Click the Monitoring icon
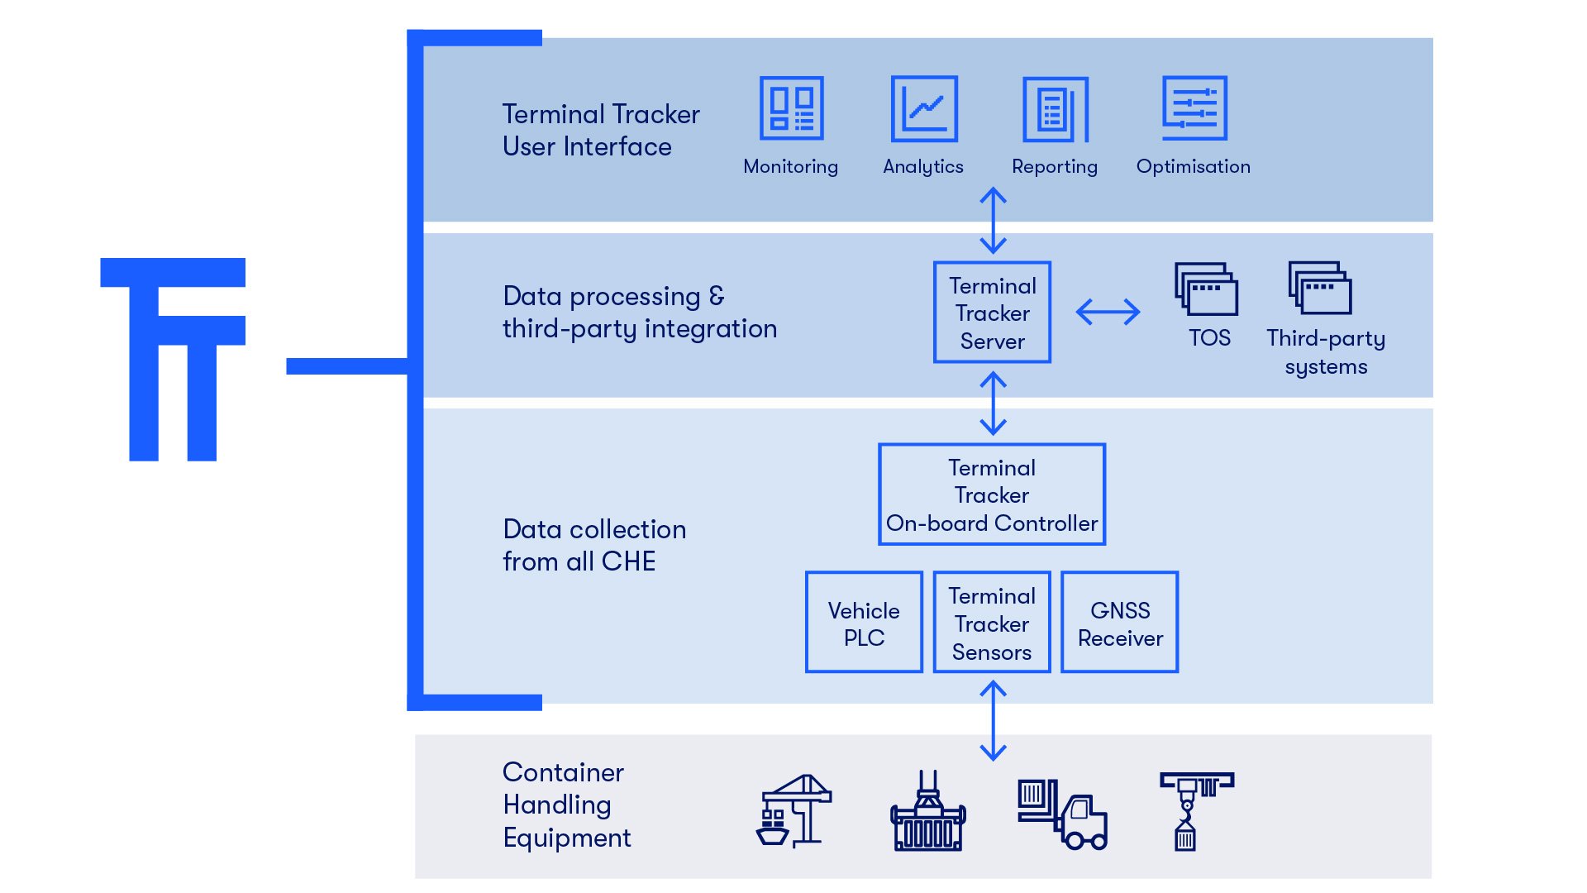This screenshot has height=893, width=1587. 791,108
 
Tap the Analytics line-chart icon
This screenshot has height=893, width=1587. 923,108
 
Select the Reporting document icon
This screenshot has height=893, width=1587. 1055,109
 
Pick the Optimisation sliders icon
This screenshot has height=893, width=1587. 1194,108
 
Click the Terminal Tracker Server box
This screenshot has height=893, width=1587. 992,313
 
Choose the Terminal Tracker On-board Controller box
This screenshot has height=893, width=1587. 992,494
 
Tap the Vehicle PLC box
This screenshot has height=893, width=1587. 864,623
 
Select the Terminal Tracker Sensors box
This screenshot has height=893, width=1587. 992,623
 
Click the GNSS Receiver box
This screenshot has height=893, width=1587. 1120,623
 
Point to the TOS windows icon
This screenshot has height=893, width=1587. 1207,289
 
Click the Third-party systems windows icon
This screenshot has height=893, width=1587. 1320,288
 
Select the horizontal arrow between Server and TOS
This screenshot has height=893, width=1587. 1108,312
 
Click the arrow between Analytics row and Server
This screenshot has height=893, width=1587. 993,220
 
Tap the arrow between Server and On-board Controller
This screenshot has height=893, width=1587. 993,404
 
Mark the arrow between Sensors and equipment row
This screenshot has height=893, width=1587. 993,720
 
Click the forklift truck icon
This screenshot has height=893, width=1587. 1062,814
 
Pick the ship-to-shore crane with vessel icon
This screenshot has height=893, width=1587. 793,811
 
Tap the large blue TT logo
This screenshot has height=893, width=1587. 173,360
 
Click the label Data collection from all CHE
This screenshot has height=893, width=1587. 593,545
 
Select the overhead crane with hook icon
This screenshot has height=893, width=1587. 1195,811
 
